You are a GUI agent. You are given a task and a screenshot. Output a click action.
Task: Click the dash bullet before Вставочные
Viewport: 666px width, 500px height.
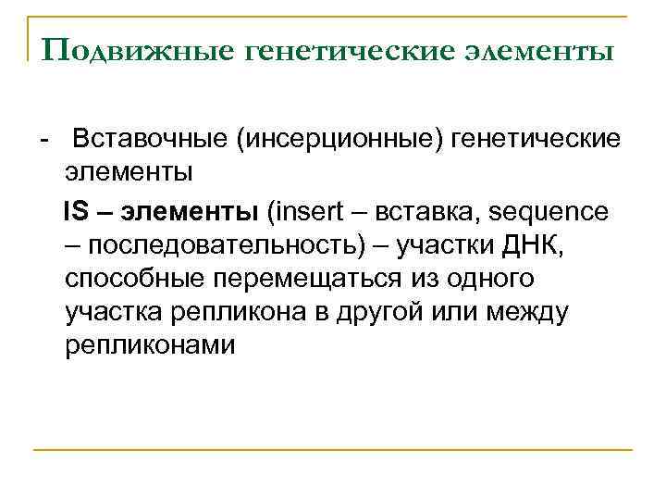click(43, 139)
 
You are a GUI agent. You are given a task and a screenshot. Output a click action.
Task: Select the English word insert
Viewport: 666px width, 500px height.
click(305, 211)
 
